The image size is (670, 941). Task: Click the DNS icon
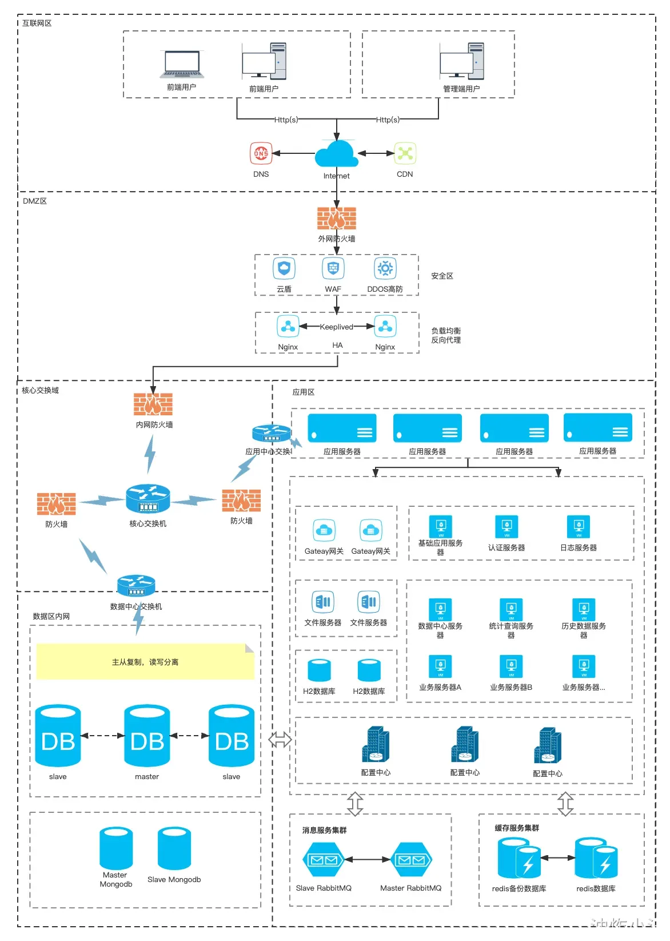pyautogui.click(x=261, y=153)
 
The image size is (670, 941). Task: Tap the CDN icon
pyautogui.click(x=405, y=153)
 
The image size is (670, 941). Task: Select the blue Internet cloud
pyautogui.click(x=337, y=154)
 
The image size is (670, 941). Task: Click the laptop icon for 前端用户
pyautogui.click(x=182, y=65)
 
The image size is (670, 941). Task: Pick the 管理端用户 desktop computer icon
pyautogui.click(x=461, y=62)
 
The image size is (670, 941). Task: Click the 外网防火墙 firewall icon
pyautogui.click(x=337, y=219)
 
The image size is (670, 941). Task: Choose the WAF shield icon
pyautogui.click(x=333, y=268)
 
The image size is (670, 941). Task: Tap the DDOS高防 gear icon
pyautogui.click(x=385, y=268)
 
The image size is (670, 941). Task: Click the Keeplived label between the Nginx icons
pyautogui.click(x=336, y=327)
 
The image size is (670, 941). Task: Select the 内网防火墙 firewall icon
pyautogui.click(x=153, y=404)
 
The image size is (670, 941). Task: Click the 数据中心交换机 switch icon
pyautogui.click(x=136, y=585)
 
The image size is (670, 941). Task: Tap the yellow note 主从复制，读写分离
pyautogui.click(x=145, y=662)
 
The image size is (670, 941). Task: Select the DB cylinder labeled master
pyautogui.click(x=147, y=736)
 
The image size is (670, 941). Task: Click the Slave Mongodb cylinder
pyautogui.click(x=174, y=848)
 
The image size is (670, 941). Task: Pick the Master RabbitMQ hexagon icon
pyautogui.click(x=411, y=860)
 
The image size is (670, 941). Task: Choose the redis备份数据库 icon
pyautogui.click(x=519, y=858)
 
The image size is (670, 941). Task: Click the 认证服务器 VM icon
pyautogui.click(x=507, y=527)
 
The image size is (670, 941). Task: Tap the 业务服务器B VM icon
pyautogui.click(x=511, y=666)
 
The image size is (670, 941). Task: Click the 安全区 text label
pyautogui.click(x=442, y=276)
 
